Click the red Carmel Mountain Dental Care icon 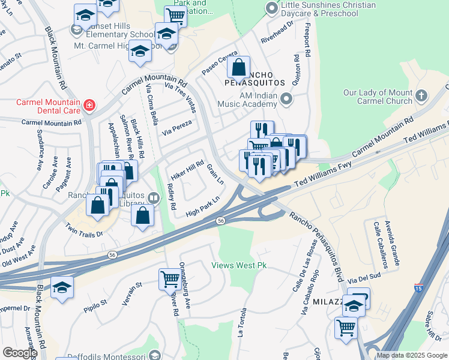(89, 106)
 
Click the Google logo (19, 353)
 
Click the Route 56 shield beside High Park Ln (221, 221)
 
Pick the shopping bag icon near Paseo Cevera (238, 67)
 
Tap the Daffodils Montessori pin (155, 355)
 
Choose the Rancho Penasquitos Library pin (154, 198)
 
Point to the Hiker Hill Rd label (188, 167)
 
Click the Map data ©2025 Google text (412, 355)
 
